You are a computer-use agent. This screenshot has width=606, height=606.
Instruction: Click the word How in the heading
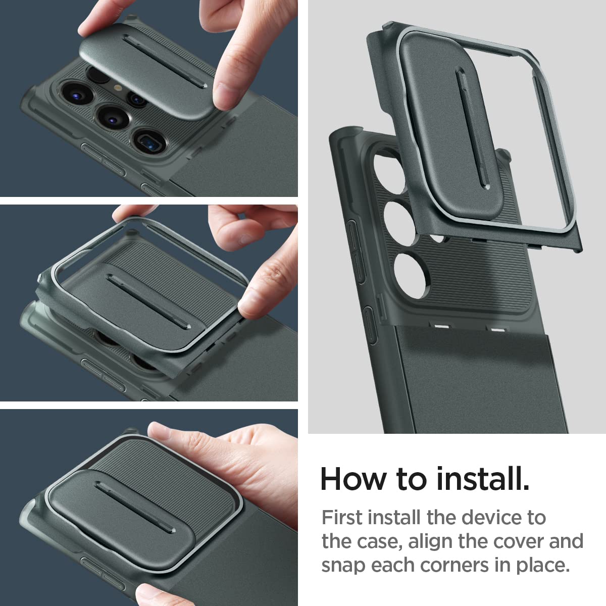tap(353, 479)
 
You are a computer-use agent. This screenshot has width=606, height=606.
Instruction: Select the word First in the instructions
tap(342, 518)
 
